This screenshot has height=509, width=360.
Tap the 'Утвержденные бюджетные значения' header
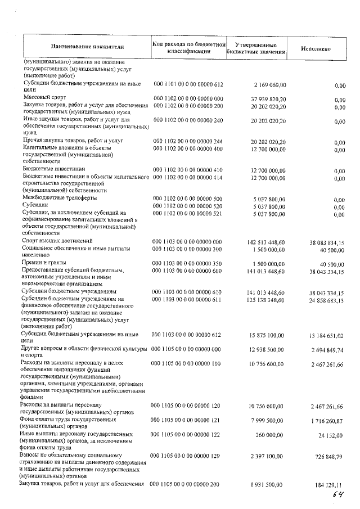click(x=256, y=47)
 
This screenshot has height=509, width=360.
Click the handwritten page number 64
click(x=338, y=493)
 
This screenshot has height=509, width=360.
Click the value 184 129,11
click(x=328, y=484)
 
